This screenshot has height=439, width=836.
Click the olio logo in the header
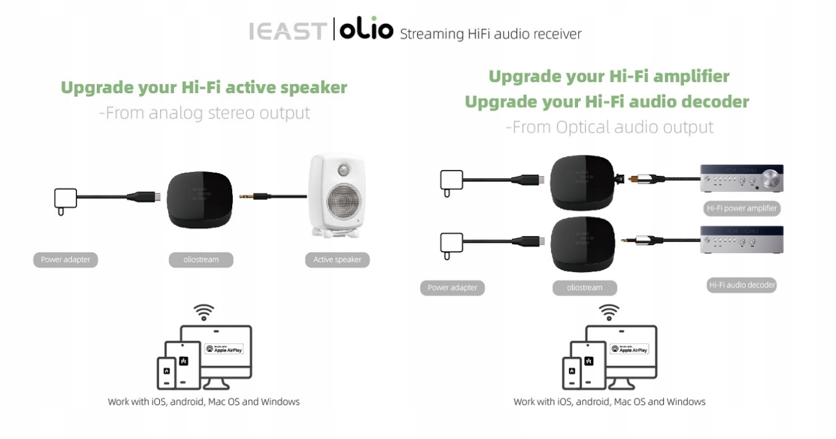click(x=363, y=30)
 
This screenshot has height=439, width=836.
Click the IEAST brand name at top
click(x=286, y=32)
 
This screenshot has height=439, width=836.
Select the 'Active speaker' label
click(x=337, y=260)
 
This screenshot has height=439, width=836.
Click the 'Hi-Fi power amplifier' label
click(x=741, y=208)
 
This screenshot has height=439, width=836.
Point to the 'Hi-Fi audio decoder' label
click(x=742, y=284)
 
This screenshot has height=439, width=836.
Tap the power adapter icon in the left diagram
click(x=65, y=200)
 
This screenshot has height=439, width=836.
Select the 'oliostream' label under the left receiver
click(x=202, y=260)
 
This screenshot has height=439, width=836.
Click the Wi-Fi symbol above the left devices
click(x=204, y=313)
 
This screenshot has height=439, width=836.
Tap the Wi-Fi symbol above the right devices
click(x=609, y=313)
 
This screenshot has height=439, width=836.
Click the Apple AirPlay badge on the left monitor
click(x=224, y=348)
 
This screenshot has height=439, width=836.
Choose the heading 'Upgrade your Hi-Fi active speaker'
click(x=204, y=87)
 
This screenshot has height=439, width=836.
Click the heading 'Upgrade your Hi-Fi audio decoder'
click(x=606, y=102)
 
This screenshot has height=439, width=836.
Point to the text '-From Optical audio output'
click(x=609, y=127)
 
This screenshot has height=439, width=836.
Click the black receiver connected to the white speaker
click(x=198, y=200)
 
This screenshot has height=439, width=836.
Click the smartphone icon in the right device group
click(x=571, y=374)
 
